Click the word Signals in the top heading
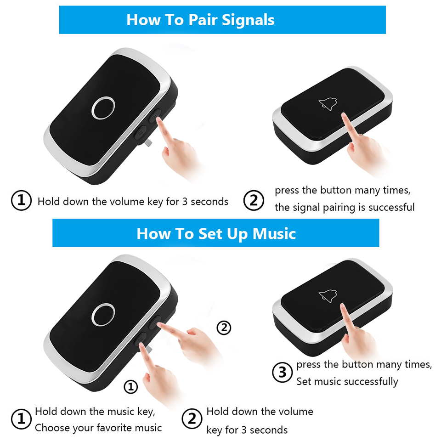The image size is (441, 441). tap(248, 20)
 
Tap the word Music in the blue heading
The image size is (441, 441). tap(274, 234)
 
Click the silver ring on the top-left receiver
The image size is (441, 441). tap(103, 107)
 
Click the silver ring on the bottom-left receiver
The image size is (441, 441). tap(103, 314)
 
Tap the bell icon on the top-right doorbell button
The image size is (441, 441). tap(328, 104)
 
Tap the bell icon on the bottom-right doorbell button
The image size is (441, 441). tap(328, 296)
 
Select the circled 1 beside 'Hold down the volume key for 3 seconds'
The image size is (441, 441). tap(21, 201)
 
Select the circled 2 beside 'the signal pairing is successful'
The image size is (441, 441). tap(254, 201)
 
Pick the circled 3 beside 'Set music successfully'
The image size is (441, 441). tap(283, 373)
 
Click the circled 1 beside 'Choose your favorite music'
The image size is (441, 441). tap(21, 419)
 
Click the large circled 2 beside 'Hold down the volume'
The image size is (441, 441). tap(192, 419)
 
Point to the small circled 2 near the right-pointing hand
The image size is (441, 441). tap(224, 328)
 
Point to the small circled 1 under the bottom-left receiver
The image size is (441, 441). tap(131, 387)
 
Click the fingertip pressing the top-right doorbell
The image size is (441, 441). tap(344, 115)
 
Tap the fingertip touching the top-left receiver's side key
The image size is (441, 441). tap(158, 119)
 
